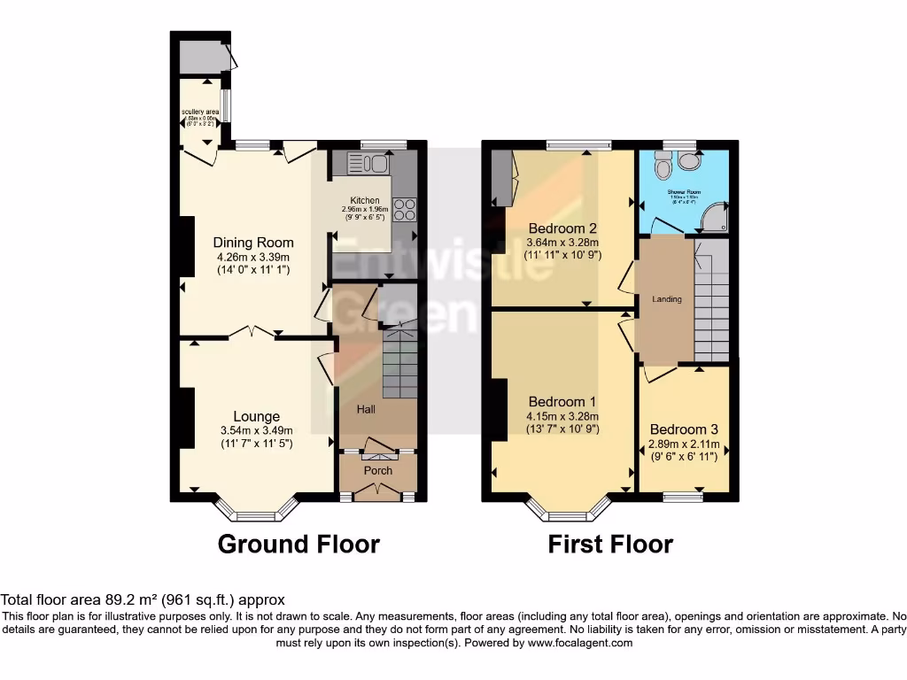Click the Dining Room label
click(x=253, y=243)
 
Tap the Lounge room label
click(x=257, y=416)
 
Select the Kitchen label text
click(x=364, y=201)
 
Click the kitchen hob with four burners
click(x=404, y=210)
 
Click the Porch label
click(x=378, y=470)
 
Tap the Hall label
click(x=367, y=410)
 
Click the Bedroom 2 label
click(x=562, y=226)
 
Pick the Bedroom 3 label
click(x=684, y=429)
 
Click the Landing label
click(x=667, y=299)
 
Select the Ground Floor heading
click(x=298, y=544)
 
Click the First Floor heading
click(x=610, y=544)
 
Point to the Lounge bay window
click(x=257, y=513)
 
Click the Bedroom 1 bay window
click(x=569, y=513)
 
